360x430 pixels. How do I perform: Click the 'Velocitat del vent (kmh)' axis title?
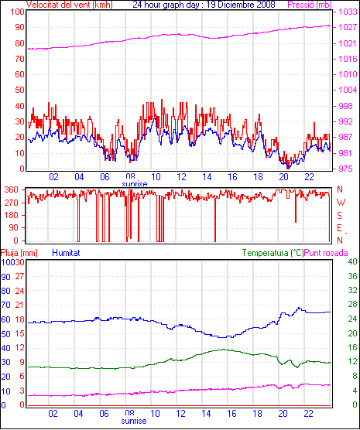click(69, 5)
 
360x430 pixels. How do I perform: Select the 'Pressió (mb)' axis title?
click(310, 5)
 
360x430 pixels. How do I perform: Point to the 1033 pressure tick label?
click(348, 12)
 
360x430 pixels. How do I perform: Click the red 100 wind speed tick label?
click(17, 12)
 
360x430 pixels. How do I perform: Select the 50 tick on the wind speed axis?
click(19, 90)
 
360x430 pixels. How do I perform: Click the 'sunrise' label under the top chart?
click(134, 184)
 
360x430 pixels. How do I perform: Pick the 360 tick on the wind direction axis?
click(12, 189)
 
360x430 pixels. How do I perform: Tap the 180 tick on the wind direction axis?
click(12, 215)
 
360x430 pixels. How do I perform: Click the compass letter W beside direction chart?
click(341, 203)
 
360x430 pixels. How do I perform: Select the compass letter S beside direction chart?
click(340, 216)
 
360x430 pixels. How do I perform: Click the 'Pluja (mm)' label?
click(19, 253)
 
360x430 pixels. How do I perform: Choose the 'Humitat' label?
click(66, 253)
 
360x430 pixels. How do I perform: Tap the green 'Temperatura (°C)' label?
click(273, 253)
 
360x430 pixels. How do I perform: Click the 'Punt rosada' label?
click(326, 253)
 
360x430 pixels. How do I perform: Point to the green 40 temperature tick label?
click(352, 261)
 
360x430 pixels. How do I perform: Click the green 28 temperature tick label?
click(352, 305)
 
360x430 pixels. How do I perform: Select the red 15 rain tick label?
click(19, 333)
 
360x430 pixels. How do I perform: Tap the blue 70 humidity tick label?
click(5, 305)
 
